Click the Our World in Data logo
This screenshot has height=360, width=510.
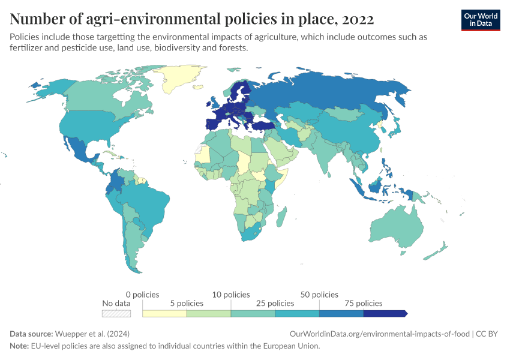click(480, 19)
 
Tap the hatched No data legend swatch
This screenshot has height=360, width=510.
click(116, 313)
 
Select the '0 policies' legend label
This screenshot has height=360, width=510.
click(143, 295)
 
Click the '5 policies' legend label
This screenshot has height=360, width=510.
click(187, 304)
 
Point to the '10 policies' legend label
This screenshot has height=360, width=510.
click(231, 295)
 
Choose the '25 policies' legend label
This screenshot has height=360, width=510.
click(275, 304)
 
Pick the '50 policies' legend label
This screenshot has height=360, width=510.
click(319, 295)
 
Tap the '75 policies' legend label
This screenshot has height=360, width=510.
click(363, 304)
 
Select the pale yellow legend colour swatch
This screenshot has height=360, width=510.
click(164, 313)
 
